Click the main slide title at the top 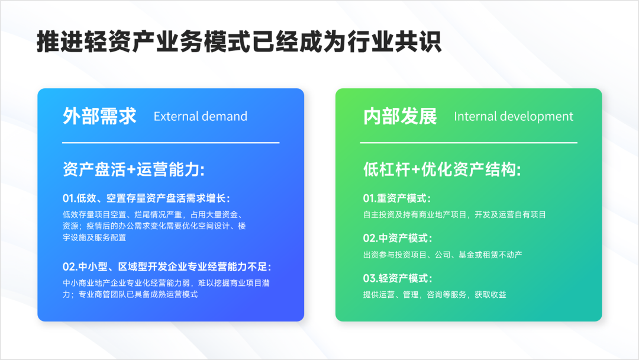(239, 41)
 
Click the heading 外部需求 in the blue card (99, 116)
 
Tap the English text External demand (201, 117)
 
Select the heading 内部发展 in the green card (400, 116)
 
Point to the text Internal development (514, 117)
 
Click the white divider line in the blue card (171, 143)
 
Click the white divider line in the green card (469, 143)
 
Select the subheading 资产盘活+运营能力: (134, 169)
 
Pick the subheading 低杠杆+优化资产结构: (442, 169)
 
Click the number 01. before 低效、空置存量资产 (69, 198)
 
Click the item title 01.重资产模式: (397, 198)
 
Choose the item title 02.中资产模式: (398, 239)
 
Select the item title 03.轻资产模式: (398, 278)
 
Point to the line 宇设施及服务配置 (95, 237)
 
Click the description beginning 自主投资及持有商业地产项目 (454, 214)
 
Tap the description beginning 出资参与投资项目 (443, 255)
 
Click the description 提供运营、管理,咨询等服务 (434, 294)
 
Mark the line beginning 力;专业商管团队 (130, 294)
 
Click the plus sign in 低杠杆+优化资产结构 (416, 170)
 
